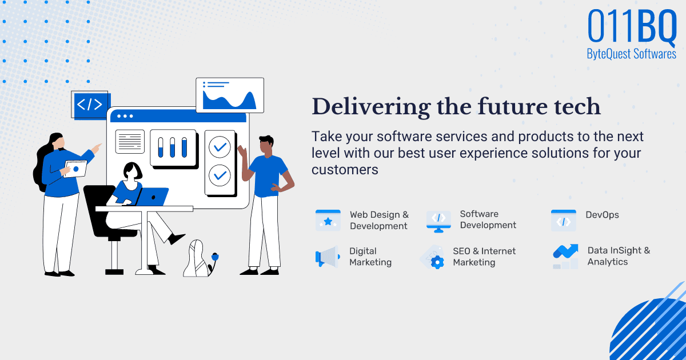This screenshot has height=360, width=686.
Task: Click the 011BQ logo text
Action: [x=632, y=26]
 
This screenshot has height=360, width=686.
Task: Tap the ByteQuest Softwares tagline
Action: [x=631, y=54]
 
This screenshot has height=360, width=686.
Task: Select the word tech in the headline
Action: [x=576, y=107]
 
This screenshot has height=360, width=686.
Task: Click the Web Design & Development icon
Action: [x=328, y=220]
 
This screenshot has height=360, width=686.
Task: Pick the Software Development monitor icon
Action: [x=438, y=220]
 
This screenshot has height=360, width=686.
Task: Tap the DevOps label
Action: [x=602, y=215]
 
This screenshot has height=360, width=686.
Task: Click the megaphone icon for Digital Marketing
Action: [x=327, y=257]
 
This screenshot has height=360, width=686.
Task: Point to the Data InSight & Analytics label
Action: [x=618, y=256]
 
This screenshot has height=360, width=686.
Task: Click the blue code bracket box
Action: [x=90, y=105]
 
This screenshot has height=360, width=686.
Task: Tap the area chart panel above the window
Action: [x=230, y=95]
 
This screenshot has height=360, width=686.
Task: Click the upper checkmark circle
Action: [x=219, y=147]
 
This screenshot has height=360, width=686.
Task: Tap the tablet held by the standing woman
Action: [x=75, y=169]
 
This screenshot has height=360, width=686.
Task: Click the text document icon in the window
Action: [x=130, y=141]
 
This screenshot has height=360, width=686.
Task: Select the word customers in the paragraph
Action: [x=345, y=170]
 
